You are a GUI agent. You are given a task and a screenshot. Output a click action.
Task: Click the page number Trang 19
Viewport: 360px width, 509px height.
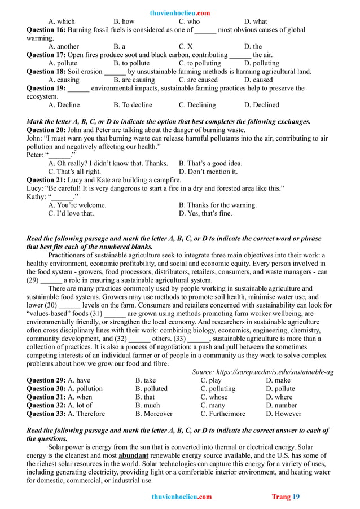click(286, 497)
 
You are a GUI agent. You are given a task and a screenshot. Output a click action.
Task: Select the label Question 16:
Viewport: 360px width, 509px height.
click(46, 30)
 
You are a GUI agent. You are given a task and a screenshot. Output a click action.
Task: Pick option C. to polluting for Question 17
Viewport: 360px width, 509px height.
click(200, 63)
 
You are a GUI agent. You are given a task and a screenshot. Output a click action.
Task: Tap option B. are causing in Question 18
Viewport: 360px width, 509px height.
click(134, 80)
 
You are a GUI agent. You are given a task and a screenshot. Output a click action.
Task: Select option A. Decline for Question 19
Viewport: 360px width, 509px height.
click(64, 105)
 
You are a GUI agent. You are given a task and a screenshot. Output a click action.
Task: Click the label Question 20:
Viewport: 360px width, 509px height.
click(46, 130)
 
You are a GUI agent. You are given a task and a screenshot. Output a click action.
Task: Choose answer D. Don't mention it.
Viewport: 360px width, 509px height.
click(208, 172)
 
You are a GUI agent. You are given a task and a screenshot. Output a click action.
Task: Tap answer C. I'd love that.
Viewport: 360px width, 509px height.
click(71, 213)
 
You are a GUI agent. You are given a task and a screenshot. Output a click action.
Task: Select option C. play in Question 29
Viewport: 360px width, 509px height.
click(211, 380)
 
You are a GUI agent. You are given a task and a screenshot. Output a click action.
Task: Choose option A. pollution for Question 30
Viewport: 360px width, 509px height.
click(85, 389)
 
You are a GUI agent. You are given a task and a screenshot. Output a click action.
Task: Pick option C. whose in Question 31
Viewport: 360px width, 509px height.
click(214, 397)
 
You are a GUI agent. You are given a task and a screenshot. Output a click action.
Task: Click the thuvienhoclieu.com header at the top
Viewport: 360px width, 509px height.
click(181, 13)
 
